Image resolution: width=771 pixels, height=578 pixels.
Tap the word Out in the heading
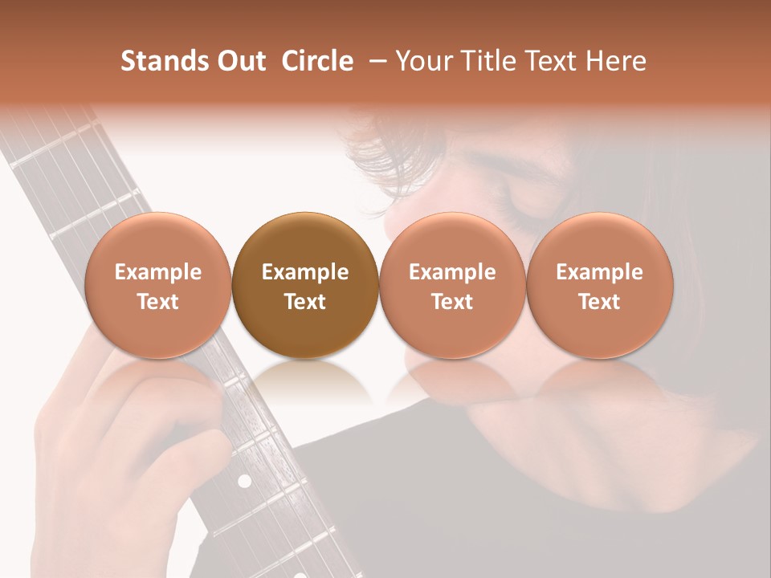[x=239, y=61]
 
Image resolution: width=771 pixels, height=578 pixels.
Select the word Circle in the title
[x=317, y=61]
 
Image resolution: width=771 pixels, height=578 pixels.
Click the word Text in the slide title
[x=555, y=61]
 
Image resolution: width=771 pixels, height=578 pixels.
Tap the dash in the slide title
[x=375, y=61]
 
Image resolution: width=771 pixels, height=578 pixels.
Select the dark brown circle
[x=304, y=285]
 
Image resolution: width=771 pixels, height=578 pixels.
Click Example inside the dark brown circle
[x=304, y=272]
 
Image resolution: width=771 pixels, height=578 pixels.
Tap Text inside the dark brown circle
[x=304, y=302]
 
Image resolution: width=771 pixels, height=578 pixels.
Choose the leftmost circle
[x=157, y=285]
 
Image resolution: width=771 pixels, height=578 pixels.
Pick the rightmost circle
[x=599, y=285]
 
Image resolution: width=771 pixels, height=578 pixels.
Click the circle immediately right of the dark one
[x=452, y=285]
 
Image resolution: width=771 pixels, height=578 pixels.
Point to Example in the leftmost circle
[x=157, y=272]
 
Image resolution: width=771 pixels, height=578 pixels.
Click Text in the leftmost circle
[x=157, y=302]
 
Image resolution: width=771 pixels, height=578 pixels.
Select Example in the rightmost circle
[x=599, y=272]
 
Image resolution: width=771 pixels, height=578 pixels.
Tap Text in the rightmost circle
[x=599, y=302]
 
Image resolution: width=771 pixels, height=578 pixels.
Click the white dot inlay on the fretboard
[x=244, y=481]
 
